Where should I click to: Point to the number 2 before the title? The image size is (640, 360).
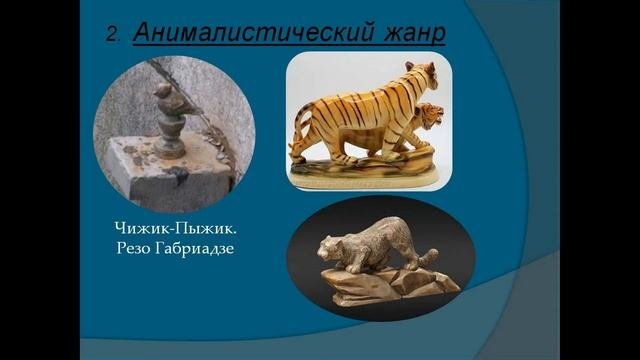112,34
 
